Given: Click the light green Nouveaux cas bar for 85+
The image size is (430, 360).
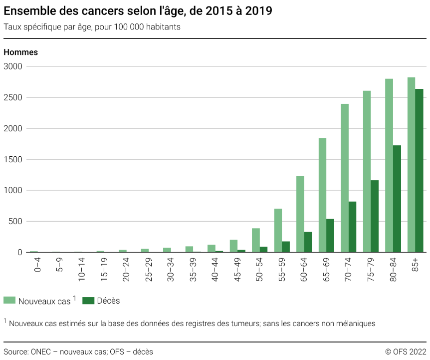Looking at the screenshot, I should tap(411, 165).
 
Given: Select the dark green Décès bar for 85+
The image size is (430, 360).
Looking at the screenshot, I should tap(419, 170).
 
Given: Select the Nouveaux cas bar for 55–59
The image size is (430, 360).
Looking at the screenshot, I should tap(278, 230).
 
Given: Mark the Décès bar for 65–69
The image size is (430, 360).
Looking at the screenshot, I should tap(330, 235).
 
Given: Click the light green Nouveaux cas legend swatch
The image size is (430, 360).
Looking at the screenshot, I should tap(9, 301).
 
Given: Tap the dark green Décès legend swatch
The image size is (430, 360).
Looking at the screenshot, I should tap(88, 301).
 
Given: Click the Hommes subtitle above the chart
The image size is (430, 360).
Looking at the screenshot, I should tap(20, 52).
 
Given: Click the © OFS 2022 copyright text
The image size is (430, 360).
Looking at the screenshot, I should tap(406, 352).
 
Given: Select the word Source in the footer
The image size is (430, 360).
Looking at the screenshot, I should tap(15, 352).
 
